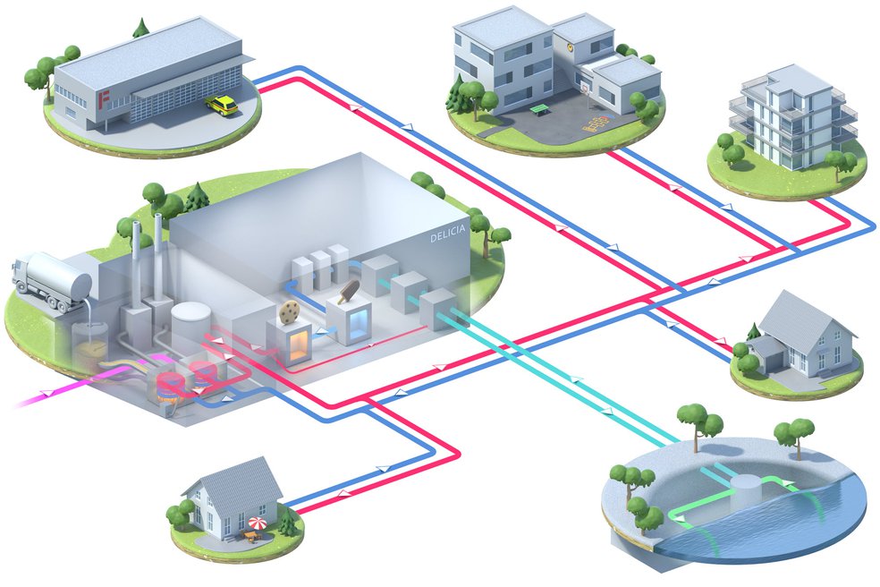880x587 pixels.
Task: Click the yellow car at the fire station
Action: (221, 106)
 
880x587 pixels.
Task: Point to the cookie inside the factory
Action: (289, 311)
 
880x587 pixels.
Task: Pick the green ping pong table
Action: (539, 109)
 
